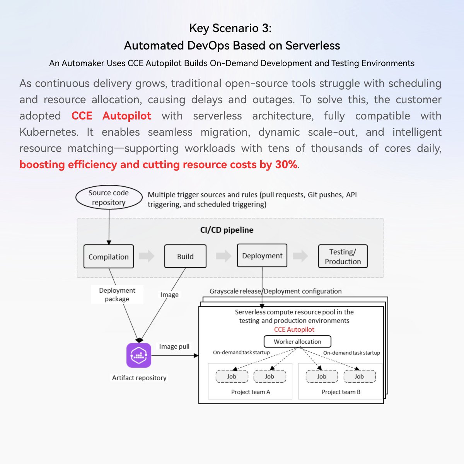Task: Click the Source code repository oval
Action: (109, 198)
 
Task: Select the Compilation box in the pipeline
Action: (109, 257)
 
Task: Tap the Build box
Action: (185, 256)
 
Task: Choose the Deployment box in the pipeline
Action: (262, 256)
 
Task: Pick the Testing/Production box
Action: (343, 256)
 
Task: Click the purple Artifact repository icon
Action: (139, 355)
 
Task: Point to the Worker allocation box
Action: (297, 341)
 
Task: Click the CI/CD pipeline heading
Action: (227, 230)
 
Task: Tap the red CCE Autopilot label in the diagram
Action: (294, 329)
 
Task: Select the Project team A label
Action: (251, 392)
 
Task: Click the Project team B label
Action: (341, 392)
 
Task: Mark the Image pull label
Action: (174, 346)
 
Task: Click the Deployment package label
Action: (117, 295)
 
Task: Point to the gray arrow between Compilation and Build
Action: (147, 256)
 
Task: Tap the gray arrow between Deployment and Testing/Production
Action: (300, 256)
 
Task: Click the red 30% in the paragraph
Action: (286, 165)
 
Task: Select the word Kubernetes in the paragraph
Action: (49, 132)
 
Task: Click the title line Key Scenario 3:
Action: (230, 28)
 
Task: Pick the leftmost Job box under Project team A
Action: (232, 377)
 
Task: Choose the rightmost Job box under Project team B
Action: (359, 377)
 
